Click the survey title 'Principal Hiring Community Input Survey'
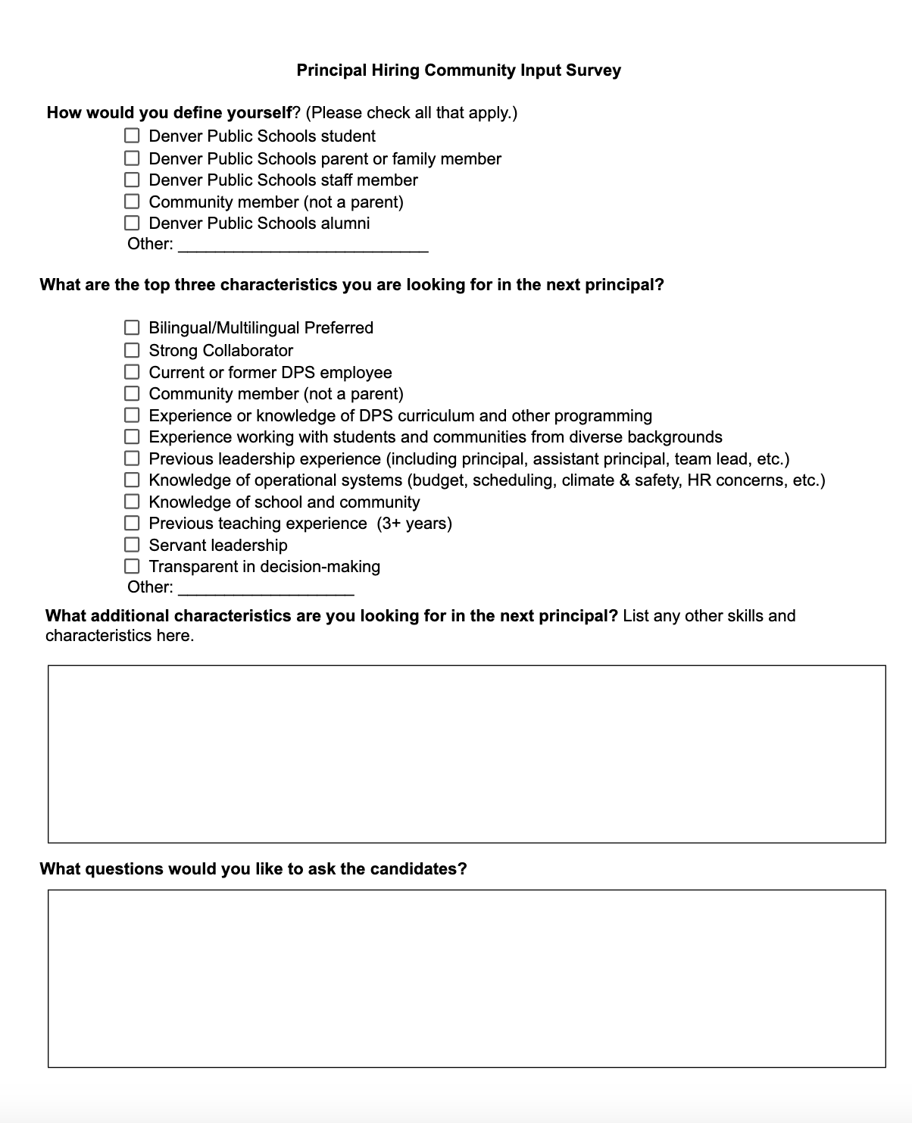point(458,70)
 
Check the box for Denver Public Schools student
point(133,136)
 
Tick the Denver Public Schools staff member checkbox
point(133,180)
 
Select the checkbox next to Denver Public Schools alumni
point(133,223)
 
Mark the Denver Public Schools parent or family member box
point(133,158)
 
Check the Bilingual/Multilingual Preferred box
point(133,327)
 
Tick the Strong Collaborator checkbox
point(133,350)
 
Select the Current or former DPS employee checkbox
point(133,372)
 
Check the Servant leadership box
point(133,545)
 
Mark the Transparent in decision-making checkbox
point(133,566)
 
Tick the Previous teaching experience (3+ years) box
point(133,523)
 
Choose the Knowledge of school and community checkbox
point(133,502)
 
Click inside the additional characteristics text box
point(467,754)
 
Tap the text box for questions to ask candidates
point(467,978)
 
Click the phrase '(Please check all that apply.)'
point(411,113)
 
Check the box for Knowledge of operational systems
point(133,480)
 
